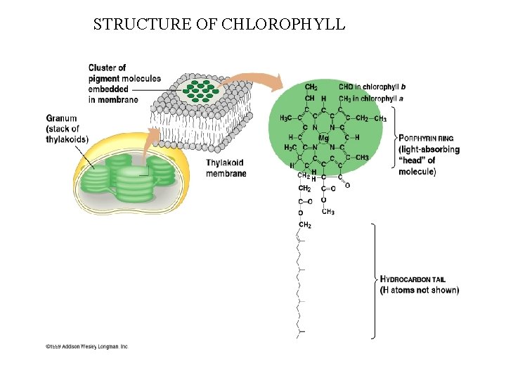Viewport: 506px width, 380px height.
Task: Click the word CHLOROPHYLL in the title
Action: pyautogui.click(x=283, y=25)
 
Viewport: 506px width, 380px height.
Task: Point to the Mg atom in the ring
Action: pyautogui.click(x=323, y=138)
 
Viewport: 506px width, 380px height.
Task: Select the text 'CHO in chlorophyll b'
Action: pyautogui.click(x=372, y=87)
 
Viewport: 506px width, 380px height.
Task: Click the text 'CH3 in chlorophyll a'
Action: pyautogui.click(x=372, y=99)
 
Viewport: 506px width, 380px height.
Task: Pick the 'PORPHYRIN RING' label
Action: pyautogui.click(x=429, y=139)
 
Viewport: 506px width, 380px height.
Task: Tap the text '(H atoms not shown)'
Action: pyautogui.click(x=420, y=290)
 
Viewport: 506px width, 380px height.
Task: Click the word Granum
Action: pyautogui.click(x=62, y=118)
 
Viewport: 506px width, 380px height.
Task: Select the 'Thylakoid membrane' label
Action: pyautogui.click(x=226, y=168)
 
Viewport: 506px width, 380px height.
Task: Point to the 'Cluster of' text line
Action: pyautogui.click(x=107, y=68)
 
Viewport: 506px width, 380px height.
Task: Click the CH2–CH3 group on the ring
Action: pyautogui.click(x=370, y=118)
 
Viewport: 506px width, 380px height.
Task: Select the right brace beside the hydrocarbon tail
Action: pyautogui.click(x=375, y=280)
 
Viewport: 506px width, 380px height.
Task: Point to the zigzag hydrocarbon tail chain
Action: pyautogui.click(x=300, y=281)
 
